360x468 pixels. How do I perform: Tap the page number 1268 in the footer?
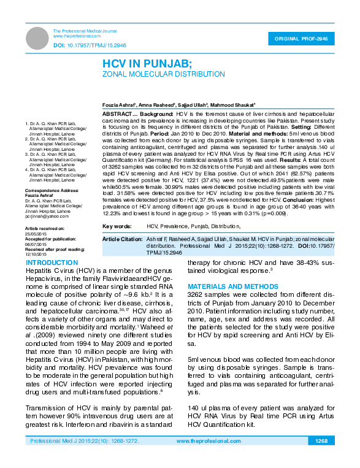321,441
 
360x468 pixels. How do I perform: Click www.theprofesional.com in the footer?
207,441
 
